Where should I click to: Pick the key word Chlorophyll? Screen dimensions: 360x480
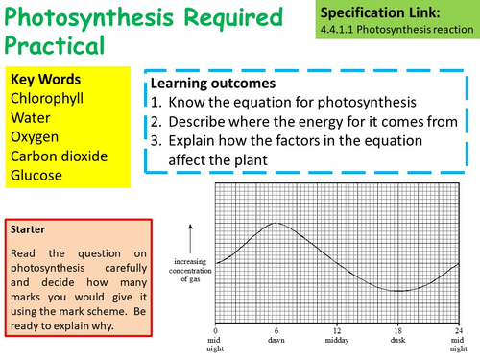pyautogui.click(x=51, y=98)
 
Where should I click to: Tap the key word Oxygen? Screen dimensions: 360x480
pyautogui.click(x=36, y=136)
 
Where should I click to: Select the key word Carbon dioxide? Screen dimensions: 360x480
pyautogui.click(x=60, y=156)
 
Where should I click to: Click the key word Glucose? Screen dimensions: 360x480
pyautogui.click(x=37, y=175)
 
